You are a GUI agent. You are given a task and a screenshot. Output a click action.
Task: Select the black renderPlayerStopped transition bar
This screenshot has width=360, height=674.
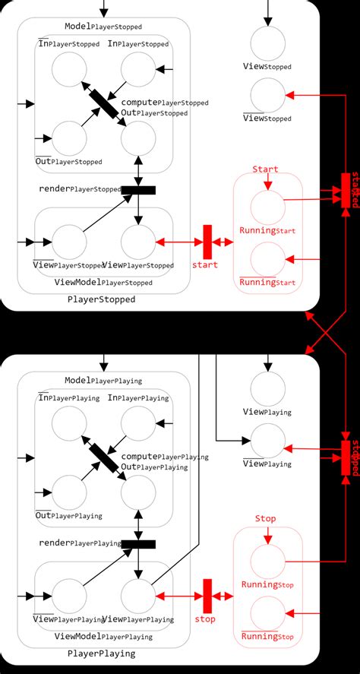(x=137, y=189)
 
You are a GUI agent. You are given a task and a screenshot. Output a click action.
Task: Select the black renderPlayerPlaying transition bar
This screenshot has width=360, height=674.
(x=137, y=543)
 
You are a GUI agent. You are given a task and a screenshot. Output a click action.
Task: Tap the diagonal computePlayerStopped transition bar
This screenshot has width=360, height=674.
(x=104, y=105)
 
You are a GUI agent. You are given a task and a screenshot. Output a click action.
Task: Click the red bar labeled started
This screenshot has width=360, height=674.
(x=346, y=190)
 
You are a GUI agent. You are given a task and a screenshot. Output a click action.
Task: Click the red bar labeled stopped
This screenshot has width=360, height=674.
(x=346, y=458)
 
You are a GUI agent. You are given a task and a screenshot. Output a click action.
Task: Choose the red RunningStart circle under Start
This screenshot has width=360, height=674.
(x=268, y=207)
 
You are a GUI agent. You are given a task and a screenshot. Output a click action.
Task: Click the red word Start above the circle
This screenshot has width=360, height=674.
(x=265, y=169)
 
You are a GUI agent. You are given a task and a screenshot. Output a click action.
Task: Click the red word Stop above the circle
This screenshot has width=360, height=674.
(x=265, y=518)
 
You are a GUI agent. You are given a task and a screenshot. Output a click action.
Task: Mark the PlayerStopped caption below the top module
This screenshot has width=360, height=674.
(x=102, y=299)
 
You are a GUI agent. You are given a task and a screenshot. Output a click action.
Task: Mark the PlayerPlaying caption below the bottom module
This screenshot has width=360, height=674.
(x=102, y=653)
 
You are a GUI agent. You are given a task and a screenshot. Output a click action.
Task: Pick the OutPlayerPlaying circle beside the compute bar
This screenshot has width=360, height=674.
(x=138, y=492)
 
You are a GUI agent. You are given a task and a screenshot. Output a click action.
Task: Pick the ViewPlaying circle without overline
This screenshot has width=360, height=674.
(x=268, y=389)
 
